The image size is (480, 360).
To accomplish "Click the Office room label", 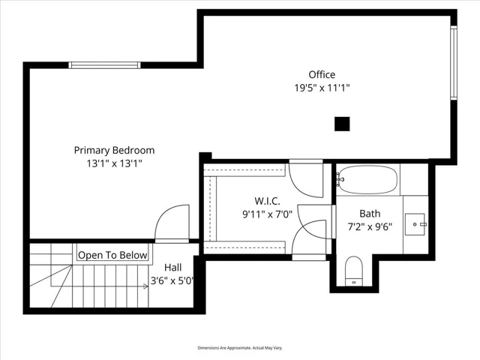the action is [322, 74].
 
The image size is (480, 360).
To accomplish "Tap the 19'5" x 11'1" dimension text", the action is [322, 88].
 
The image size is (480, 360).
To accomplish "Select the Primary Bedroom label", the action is [114, 150].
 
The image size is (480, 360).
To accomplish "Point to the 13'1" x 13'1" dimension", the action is [114, 163].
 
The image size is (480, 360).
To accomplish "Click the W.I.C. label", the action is [267, 201].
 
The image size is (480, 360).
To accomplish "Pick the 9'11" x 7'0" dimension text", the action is [267, 214].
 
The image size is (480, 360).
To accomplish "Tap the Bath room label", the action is [370, 213].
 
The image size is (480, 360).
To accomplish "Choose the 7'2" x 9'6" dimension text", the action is [370, 226].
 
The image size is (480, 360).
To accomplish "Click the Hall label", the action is [173, 268].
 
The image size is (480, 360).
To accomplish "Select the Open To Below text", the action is [112, 255].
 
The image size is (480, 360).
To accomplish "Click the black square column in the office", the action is [342, 124].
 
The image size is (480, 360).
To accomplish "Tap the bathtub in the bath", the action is [367, 180].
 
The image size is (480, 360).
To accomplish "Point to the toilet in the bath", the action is [353, 271].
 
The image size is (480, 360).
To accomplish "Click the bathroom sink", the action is [415, 224].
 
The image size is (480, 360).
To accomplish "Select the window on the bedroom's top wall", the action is [104, 65].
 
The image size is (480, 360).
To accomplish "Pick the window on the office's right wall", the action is [454, 63].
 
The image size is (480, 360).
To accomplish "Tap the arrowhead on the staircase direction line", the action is [145, 286].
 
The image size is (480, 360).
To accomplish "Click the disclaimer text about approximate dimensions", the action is [240, 348].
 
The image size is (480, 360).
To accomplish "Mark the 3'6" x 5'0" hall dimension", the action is [172, 280].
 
